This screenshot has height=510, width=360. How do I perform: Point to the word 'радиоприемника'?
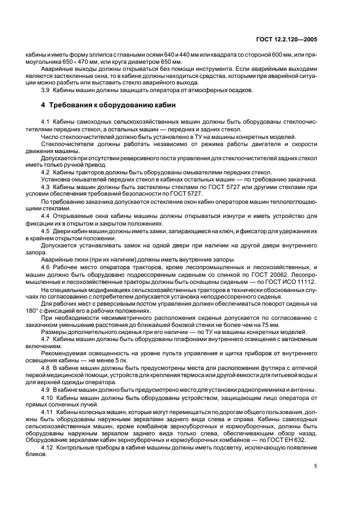(247, 390)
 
